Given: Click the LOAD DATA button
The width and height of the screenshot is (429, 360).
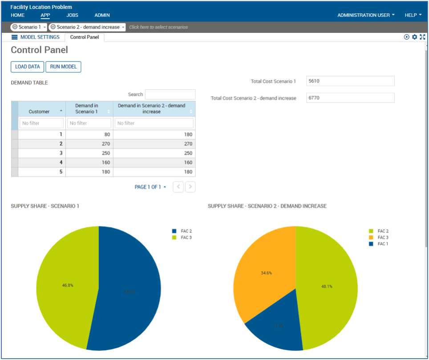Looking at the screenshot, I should (x=27, y=67).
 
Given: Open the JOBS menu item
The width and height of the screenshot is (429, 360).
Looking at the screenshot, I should (x=72, y=15).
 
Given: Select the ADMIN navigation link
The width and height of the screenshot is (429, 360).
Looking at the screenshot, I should (x=102, y=15).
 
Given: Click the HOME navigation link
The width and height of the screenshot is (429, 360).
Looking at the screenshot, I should (x=18, y=15).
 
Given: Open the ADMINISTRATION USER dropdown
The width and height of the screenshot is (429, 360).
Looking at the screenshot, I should (x=366, y=15).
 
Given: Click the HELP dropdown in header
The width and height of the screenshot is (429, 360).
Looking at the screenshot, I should (x=413, y=15).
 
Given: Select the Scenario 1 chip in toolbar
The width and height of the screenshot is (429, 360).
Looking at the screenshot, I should (x=29, y=27).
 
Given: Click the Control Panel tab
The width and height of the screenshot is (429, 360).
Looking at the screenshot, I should (x=85, y=37).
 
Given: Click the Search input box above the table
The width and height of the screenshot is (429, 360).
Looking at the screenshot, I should (x=170, y=94).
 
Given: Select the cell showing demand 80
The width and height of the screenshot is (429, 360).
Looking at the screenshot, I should (x=89, y=134).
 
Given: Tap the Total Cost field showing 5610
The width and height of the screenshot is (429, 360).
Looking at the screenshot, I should (x=350, y=81).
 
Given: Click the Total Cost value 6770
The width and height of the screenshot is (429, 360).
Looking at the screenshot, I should (x=350, y=98).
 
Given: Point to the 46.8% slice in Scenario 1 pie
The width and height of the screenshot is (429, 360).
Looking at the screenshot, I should (x=67, y=285).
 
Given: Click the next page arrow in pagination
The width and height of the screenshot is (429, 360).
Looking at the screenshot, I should (x=190, y=187).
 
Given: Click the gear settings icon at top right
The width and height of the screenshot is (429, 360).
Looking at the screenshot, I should (x=414, y=37).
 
